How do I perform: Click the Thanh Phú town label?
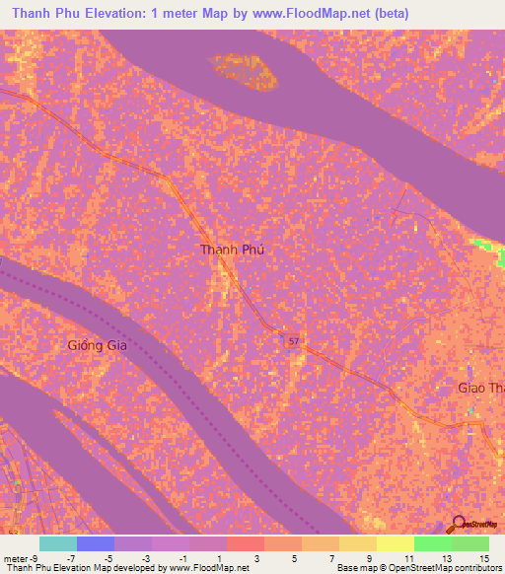232,250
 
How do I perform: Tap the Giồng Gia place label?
101,345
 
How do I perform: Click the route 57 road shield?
293,340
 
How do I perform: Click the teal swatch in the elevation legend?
58,543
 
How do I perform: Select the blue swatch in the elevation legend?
96,543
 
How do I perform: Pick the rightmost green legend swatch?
469,543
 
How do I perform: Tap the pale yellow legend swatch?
395,543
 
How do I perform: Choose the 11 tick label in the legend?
407,557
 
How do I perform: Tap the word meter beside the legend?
14,557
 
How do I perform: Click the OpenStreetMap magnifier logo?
459,525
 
